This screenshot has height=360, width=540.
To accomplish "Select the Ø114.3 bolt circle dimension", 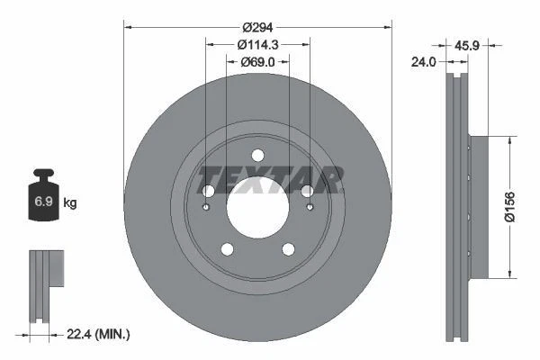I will (x=257, y=44).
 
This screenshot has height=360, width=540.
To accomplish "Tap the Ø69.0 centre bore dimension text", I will (x=257, y=61).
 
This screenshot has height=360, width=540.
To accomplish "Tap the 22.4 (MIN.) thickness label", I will (x=99, y=334).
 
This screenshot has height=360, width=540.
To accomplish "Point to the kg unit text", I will (x=70, y=203).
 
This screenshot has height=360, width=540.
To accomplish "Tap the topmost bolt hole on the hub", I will (x=257, y=154).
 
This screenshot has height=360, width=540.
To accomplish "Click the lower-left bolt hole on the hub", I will (x=228, y=249).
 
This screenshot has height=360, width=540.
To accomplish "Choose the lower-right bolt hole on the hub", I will (x=288, y=249).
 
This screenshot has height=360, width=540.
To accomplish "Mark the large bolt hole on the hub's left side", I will (x=208, y=191).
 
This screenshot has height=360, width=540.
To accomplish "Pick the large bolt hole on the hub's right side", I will (x=307, y=191).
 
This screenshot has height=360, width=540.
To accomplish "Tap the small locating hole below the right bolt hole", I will (x=310, y=208).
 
